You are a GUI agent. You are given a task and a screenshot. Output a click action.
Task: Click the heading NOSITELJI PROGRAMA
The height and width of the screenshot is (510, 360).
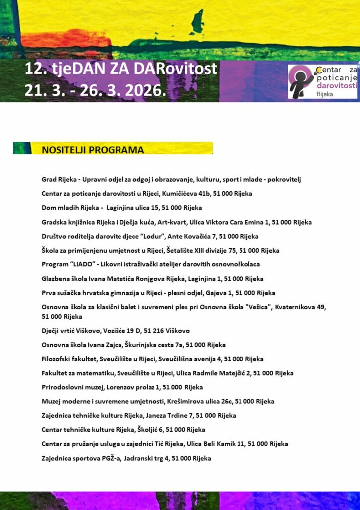(93, 150)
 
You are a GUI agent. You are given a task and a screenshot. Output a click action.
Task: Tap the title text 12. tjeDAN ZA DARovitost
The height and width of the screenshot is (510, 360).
(121, 69)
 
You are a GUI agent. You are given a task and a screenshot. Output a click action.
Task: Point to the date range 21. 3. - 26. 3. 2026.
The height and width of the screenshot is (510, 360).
(95, 91)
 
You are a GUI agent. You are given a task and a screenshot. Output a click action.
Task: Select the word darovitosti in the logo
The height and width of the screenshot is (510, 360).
(337, 85)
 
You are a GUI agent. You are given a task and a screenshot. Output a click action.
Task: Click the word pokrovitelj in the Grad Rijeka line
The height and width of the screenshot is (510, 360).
(284, 179)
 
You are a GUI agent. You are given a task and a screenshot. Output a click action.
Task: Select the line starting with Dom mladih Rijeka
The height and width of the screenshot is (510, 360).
(121, 208)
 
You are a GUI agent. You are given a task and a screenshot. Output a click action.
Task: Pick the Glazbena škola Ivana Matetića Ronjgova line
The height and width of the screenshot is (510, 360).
(152, 279)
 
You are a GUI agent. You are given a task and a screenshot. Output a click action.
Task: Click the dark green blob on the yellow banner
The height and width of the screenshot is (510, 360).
(198, 23)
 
